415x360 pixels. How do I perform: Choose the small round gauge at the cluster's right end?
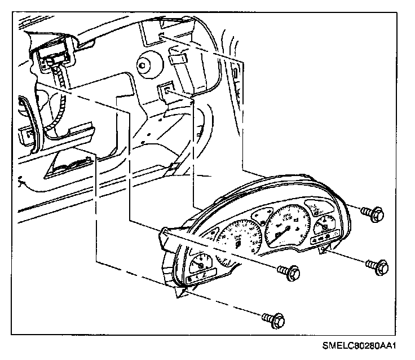click(325, 229)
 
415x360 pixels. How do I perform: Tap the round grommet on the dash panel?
click(147, 65)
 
